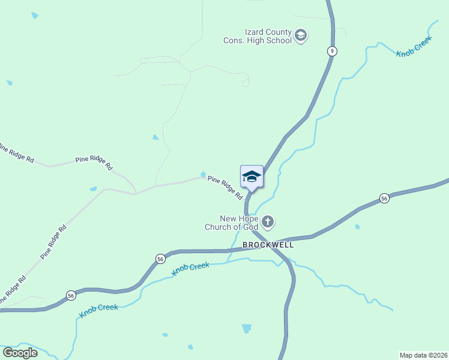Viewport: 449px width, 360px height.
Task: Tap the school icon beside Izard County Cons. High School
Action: (x=301, y=36)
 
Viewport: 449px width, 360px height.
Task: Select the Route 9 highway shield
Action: (x=331, y=51)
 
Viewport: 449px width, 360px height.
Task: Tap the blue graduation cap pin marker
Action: (x=252, y=176)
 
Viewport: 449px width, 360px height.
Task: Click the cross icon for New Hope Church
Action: (x=268, y=223)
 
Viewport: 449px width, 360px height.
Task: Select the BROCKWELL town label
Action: (x=268, y=245)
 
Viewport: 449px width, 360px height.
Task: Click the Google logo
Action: (x=20, y=352)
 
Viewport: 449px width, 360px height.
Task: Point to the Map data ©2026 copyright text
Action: (x=423, y=355)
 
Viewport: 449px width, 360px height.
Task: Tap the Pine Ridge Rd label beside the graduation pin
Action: (x=225, y=187)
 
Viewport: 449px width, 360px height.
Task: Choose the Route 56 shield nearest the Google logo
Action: (x=71, y=295)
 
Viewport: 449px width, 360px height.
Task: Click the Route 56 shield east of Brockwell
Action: (x=384, y=198)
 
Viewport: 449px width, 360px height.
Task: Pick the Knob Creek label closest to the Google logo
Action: (x=98, y=310)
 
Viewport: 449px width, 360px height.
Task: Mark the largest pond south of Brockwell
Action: (x=246, y=328)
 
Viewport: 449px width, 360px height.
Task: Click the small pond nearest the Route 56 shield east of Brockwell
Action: (x=357, y=227)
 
